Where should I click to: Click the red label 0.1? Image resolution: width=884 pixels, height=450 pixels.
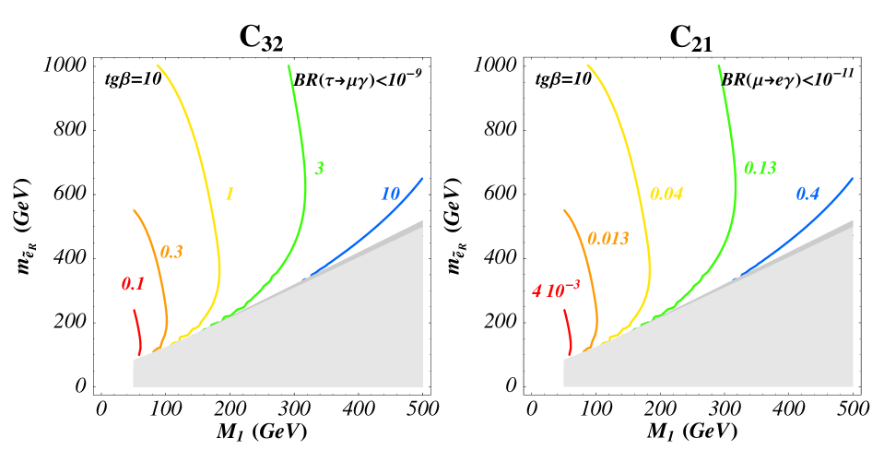coord(133,284)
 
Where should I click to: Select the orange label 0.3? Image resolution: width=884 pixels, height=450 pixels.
coord(171,252)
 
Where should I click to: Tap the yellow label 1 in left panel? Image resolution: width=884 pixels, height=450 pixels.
coord(230,194)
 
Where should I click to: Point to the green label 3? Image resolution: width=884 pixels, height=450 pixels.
coord(319,168)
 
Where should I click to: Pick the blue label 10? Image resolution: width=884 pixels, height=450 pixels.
coord(390,194)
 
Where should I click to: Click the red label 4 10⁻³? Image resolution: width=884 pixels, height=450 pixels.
coord(556,290)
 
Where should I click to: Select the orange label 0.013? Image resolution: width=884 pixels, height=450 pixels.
coord(608,239)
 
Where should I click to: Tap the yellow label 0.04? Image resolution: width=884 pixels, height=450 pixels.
coord(666,194)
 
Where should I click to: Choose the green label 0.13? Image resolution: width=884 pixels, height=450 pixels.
coord(760,168)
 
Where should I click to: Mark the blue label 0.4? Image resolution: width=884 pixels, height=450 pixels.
coord(807,194)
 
